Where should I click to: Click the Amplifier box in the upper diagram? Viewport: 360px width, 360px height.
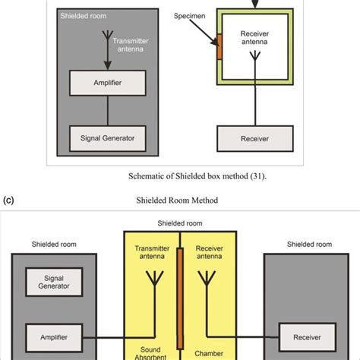click(108, 83)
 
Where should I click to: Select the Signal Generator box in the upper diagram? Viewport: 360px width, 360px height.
click(108, 138)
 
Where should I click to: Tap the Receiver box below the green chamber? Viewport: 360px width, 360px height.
click(255, 138)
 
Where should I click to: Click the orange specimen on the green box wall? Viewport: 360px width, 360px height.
click(219, 47)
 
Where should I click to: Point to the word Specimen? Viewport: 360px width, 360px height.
click(189, 16)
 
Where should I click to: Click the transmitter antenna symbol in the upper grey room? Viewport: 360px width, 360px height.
click(108, 36)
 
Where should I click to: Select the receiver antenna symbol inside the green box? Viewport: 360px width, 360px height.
click(255, 56)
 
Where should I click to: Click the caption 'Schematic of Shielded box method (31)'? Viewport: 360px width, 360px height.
click(197, 176)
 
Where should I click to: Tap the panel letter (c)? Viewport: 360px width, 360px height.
click(8, 201)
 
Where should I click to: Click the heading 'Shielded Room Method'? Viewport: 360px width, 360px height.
click(177, 201)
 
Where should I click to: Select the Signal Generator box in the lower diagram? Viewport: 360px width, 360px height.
click(54, 282)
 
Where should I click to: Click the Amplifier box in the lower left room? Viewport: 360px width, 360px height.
click(54, 337)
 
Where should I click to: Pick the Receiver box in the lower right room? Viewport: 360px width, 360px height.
click(308, 337)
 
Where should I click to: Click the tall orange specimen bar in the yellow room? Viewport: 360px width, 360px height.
click(180, 298)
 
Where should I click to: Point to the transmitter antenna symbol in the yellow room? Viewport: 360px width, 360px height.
click(155, 279)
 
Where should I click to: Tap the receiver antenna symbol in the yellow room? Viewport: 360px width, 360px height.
click(207, 279)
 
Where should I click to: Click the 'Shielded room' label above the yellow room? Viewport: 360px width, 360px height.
click(180, 223)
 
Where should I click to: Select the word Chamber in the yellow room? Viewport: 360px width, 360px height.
click(209, 353)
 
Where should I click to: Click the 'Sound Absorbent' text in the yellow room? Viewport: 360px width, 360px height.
click(150, 353)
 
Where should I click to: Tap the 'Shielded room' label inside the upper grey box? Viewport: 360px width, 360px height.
click(84, 16)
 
